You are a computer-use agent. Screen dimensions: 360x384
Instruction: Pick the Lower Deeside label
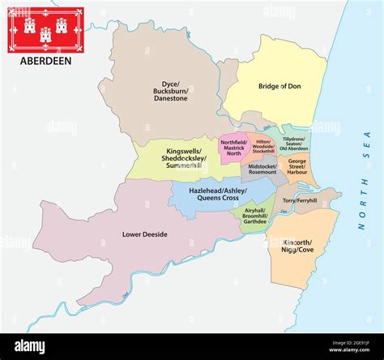click(x=144, y=234)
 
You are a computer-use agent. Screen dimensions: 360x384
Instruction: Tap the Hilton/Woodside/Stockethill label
click(x=263, y=147)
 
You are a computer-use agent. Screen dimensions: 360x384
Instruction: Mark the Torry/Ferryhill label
click(x=300, y=199)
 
